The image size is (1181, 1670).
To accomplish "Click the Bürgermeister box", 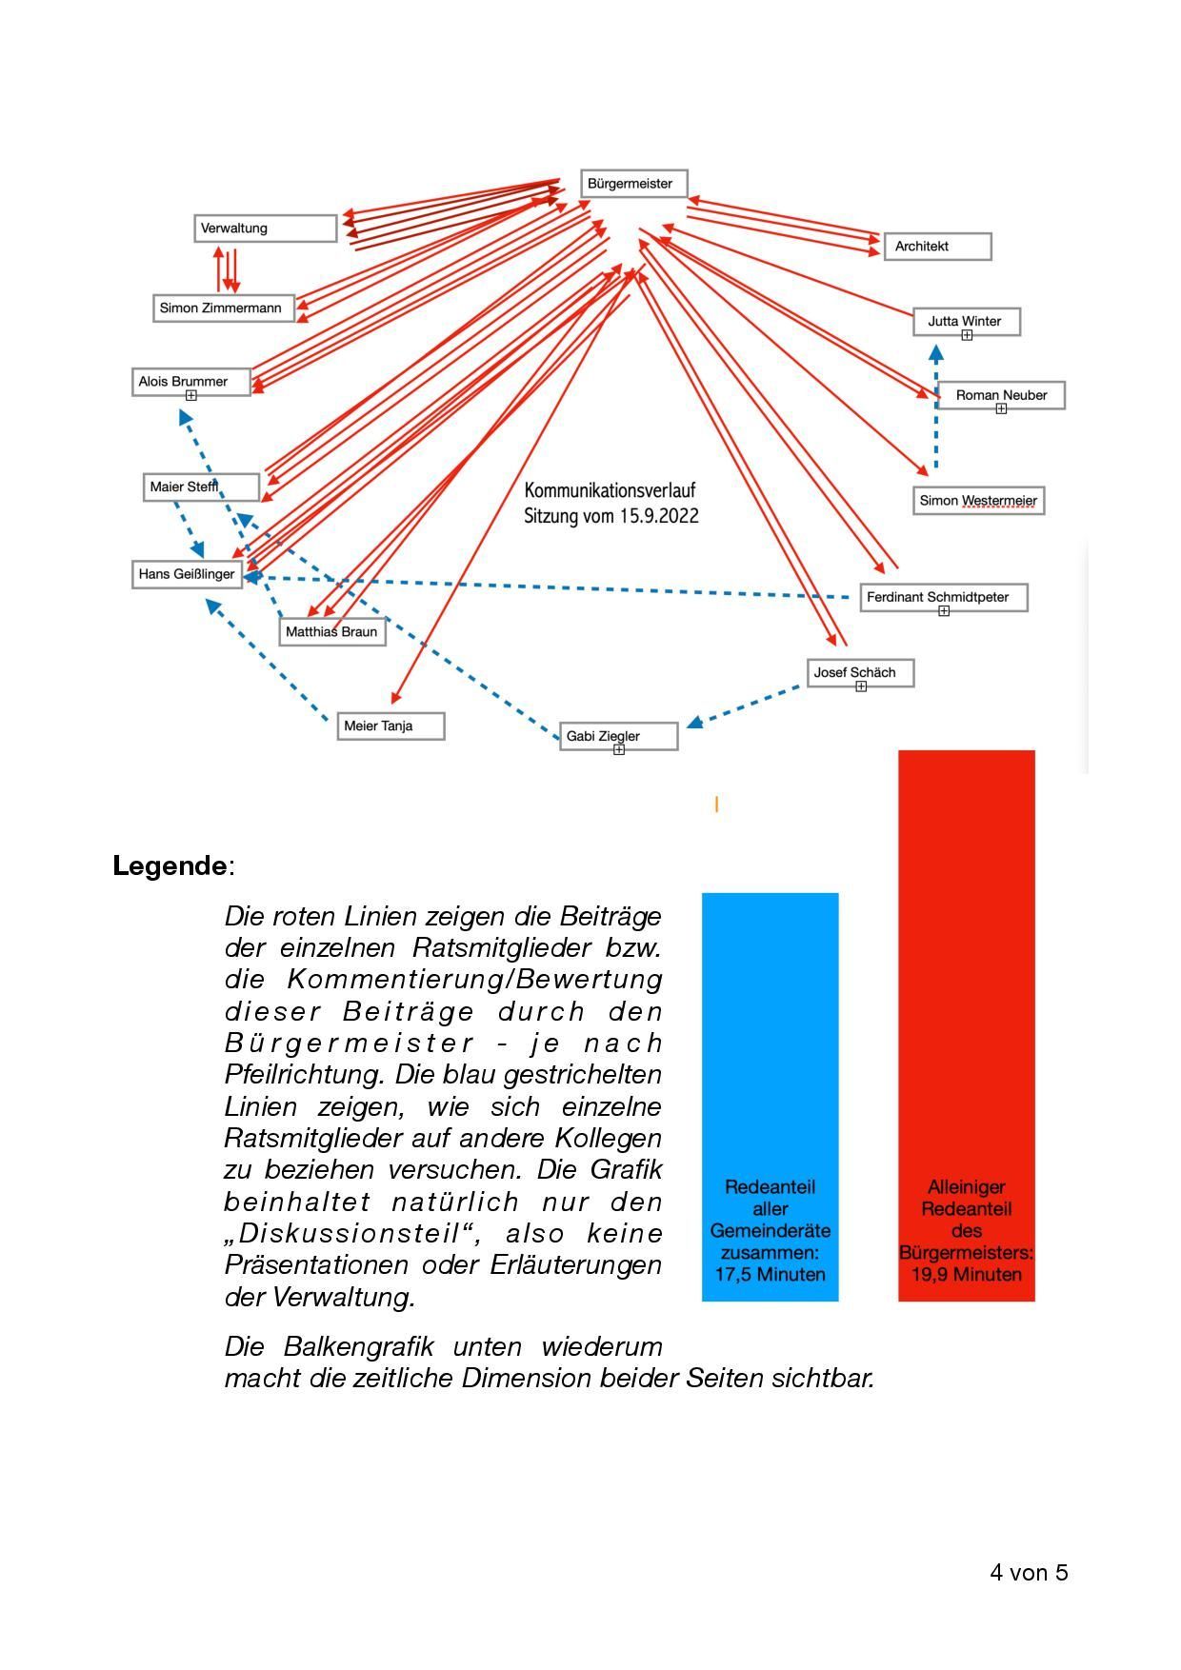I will pos(633,184).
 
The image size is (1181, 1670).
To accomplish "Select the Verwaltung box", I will pos(266,229).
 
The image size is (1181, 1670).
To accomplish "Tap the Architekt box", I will pos(937,247).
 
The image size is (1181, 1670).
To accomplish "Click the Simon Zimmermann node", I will pos(224,308).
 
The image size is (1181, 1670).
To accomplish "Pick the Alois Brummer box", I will pos(191,382).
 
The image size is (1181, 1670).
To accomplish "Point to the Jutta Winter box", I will pos(966,322).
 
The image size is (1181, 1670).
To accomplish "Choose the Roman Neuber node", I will pos(1001,395).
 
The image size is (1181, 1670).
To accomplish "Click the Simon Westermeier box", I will pos(978,501).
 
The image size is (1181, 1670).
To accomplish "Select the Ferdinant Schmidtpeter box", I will pos(943,598).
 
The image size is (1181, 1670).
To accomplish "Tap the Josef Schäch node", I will pos(860,673).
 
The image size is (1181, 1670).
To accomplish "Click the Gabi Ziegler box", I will pos(618,736).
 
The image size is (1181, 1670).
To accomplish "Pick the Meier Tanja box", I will pos(390,726).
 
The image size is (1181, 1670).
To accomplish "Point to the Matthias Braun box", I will pos(332,632).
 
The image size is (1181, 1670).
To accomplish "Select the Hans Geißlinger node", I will pos(188,574).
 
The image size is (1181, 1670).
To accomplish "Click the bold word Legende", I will pos(170,866).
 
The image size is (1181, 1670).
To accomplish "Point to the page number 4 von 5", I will pos(1029,1572).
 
